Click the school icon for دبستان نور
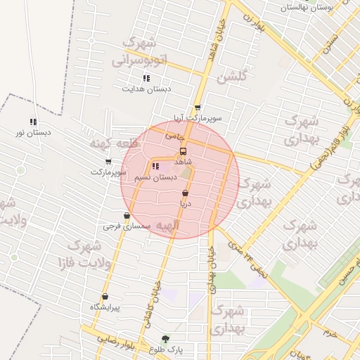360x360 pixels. pos(33,122)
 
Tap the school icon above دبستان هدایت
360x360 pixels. pos(146,78)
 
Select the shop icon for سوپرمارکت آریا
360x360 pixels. pos(198,108)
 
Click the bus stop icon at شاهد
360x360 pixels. pos(184,151)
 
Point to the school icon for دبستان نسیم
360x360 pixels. pos(155,167)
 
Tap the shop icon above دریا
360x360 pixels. pos(185,193)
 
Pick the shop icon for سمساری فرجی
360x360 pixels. pos(127,216)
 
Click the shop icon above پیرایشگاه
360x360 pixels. pos(105,297)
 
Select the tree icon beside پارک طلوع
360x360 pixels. pos(165,339)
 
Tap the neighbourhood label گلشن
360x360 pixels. pos(233,76)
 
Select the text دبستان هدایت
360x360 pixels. pos(147,89)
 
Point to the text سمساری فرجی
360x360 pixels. pos(123,226)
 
